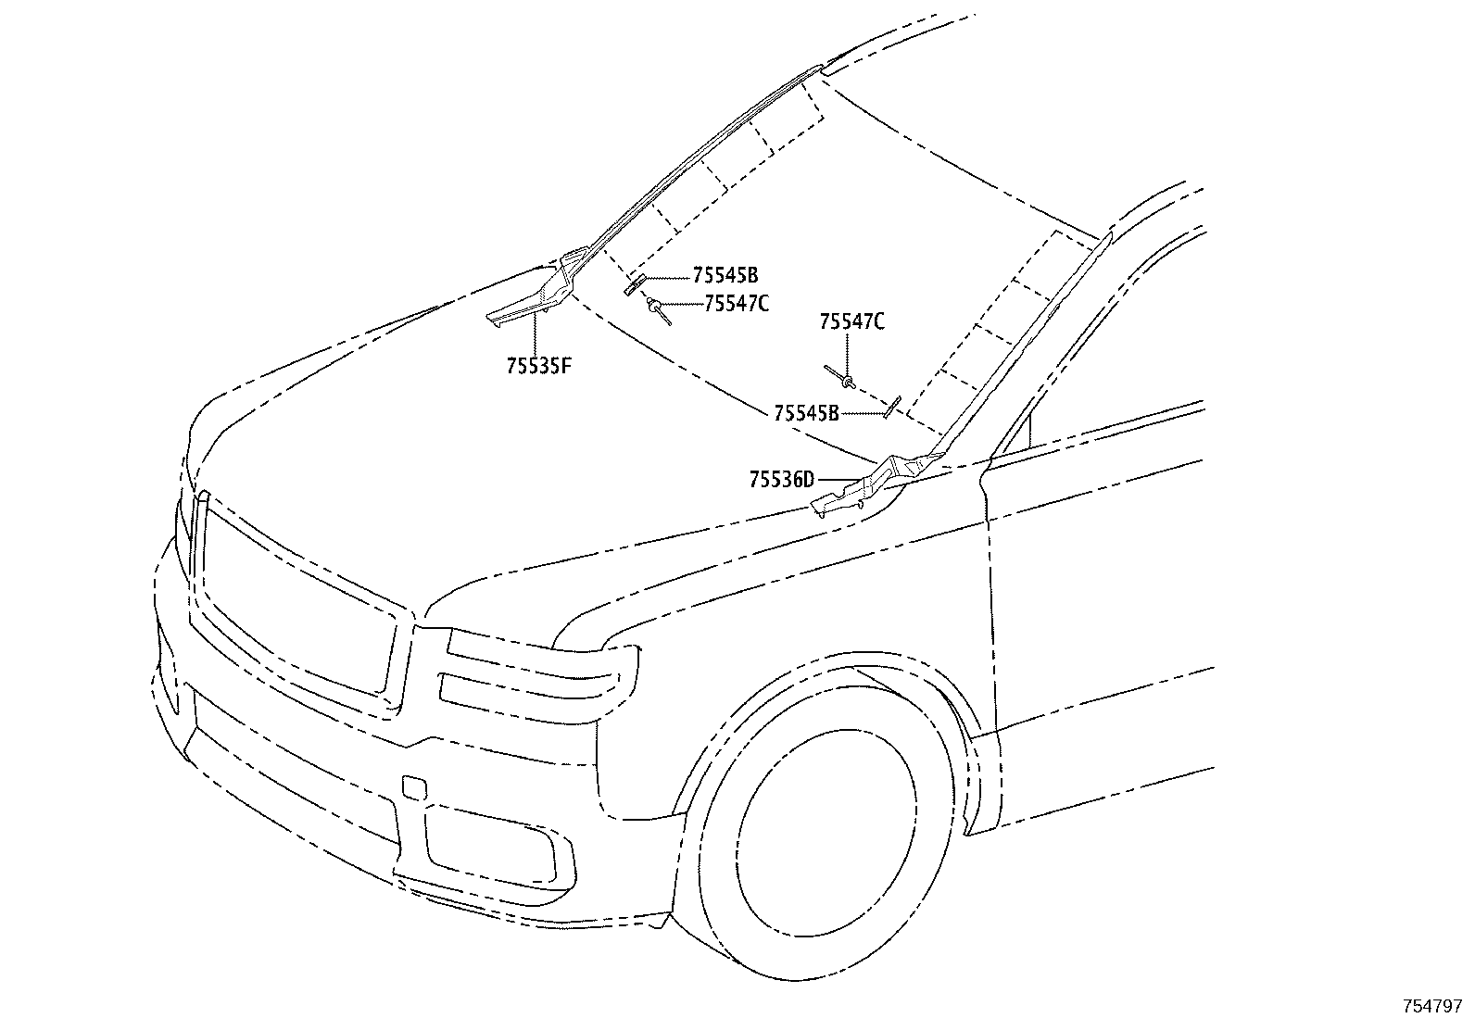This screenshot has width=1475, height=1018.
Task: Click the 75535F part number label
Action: point(538,366)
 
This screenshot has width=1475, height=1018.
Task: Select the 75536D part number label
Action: point(782,480)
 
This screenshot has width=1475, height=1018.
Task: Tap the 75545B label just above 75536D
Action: point(807,413)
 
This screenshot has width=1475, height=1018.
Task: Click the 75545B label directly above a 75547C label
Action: point(725,274)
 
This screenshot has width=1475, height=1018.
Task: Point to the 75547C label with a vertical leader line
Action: point(852,321)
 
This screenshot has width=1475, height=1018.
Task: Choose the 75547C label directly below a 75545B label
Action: point(737,304)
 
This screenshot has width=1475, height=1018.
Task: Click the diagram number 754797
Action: point(1431,1006)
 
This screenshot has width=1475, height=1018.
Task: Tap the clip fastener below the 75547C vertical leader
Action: point(841,376)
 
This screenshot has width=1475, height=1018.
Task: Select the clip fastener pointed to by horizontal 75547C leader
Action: point(659,310)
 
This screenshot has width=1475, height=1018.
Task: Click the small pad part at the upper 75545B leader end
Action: point(634,285)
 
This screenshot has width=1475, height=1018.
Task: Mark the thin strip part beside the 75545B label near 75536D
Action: point(891,408)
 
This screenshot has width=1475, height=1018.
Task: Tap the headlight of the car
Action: point(540,675)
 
